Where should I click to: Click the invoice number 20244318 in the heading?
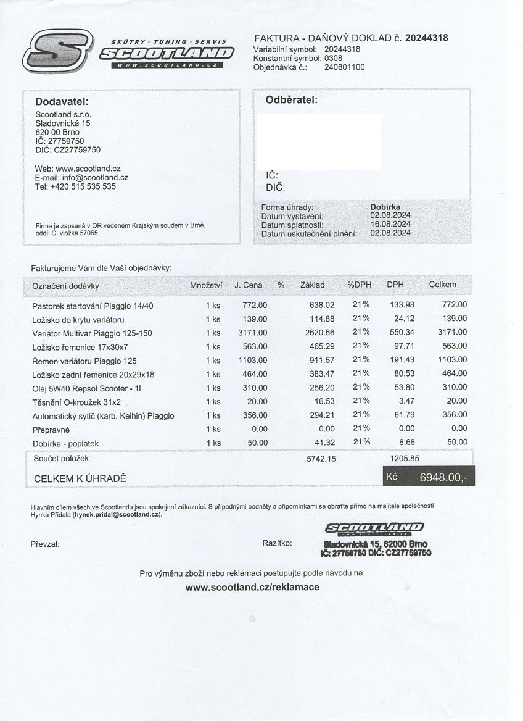click(426, 38)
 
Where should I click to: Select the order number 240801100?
click(344, 67)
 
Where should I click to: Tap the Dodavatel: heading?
click(62, 101)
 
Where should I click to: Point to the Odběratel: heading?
click(291, 100)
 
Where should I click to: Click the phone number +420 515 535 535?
click(83, 186)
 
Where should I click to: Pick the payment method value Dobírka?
click(385, 207)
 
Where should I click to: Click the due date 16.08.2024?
click(390, 224)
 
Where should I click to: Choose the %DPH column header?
click(359, 285)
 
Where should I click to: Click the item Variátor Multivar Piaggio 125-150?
click(92, 333)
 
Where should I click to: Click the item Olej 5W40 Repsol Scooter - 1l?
click(87, 388)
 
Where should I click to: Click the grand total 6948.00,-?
click(443, 477)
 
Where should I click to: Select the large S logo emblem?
click(57, 51)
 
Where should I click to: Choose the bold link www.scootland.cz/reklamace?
click(252, 587)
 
